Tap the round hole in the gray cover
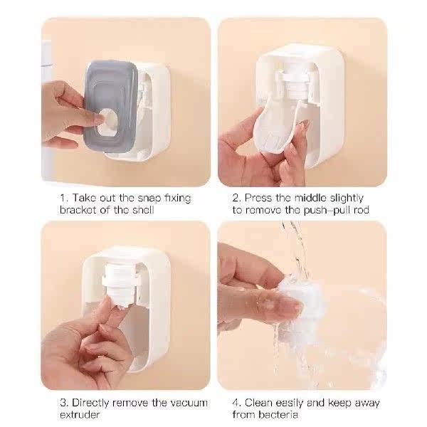[108, 122]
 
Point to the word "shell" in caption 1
[143, 210]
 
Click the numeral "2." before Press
[236, 198]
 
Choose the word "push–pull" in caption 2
[327, 210]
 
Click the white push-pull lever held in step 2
[275, 128]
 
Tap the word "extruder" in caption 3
[80, 415]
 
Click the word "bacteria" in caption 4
[278, 415]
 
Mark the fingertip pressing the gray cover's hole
[100, 119]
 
